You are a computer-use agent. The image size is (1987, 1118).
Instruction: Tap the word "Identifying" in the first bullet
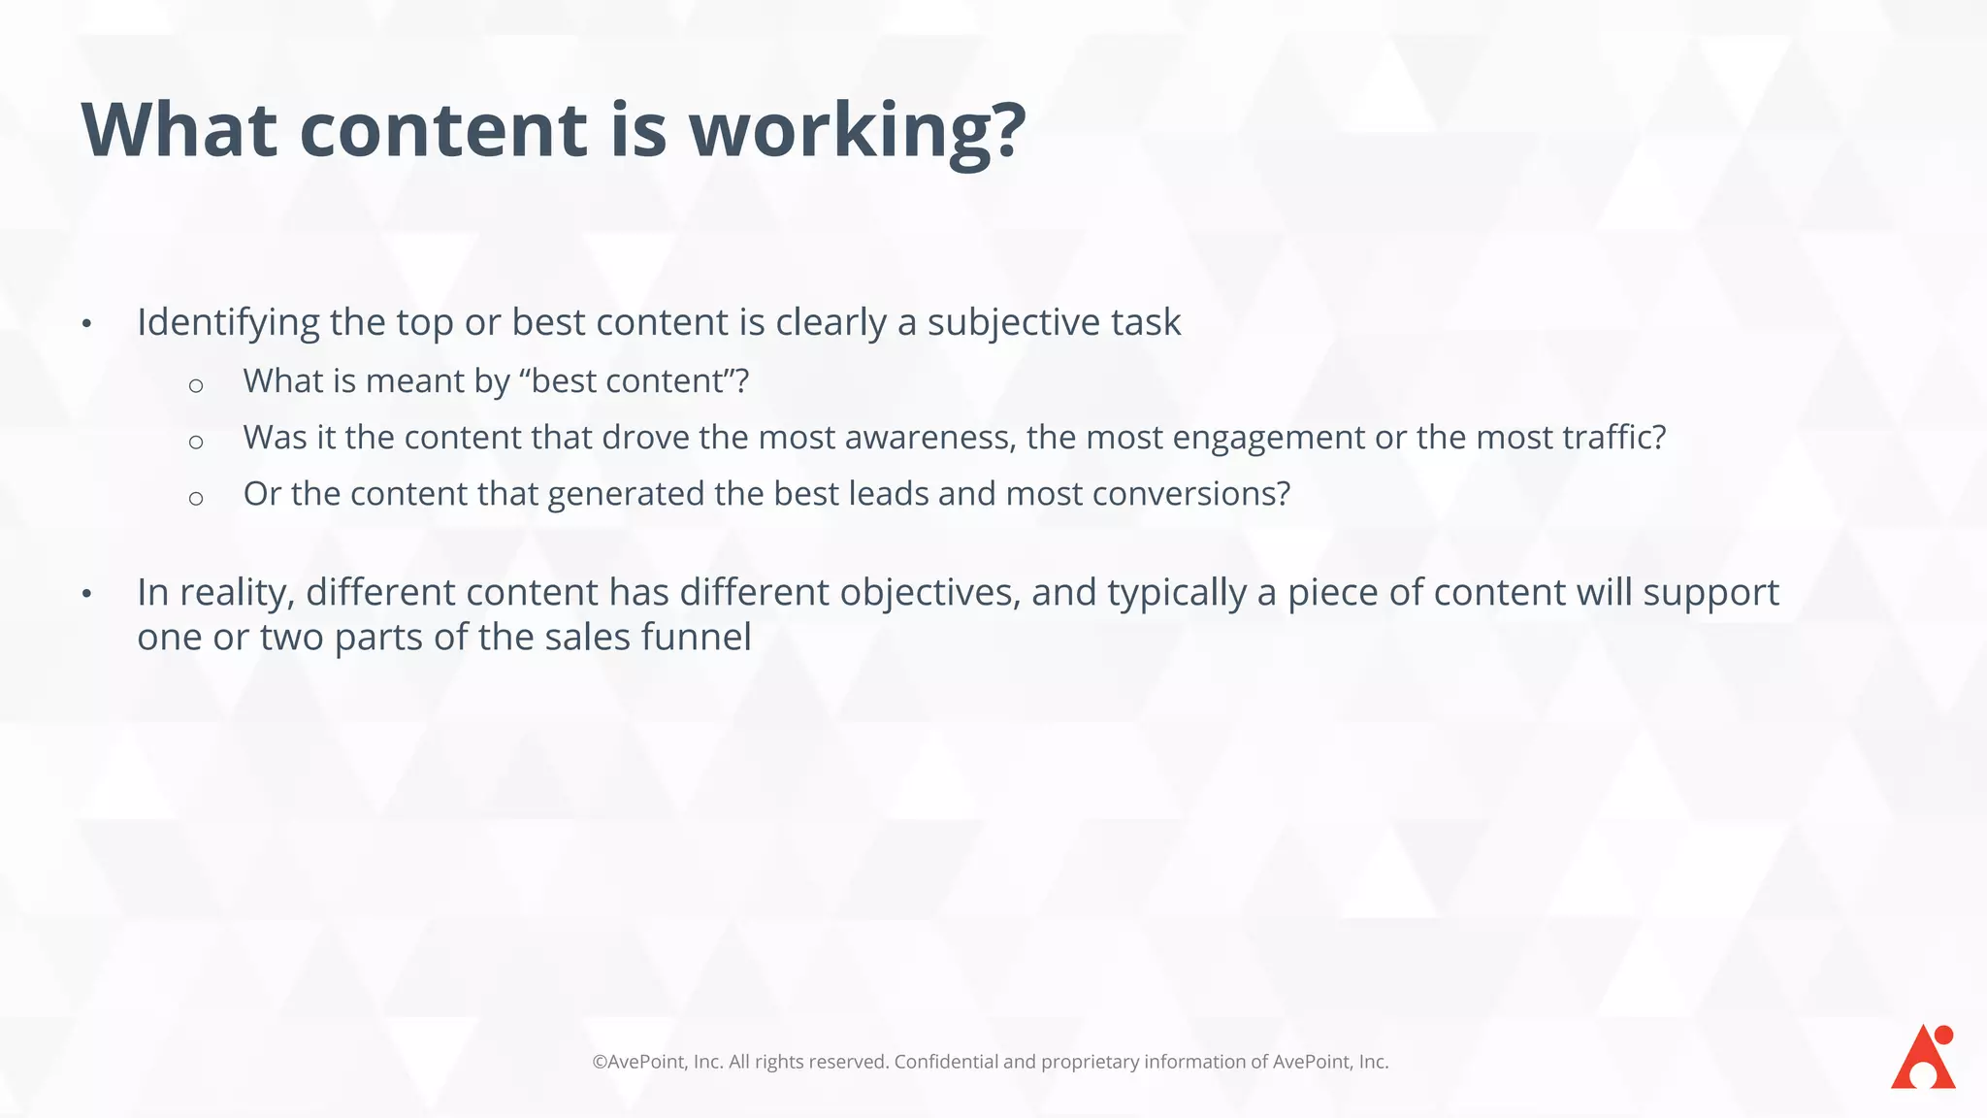tap(228, 323)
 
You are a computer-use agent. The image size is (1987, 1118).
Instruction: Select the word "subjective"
tap(1014, 323)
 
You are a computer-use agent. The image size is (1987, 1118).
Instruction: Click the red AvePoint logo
tap(1923, 1057)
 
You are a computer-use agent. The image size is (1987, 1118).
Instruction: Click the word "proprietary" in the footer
tap(1090, 1063)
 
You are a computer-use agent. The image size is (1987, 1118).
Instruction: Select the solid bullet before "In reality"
tap(86, 593)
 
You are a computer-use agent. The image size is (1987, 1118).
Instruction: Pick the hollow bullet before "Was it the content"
tap(196, 443)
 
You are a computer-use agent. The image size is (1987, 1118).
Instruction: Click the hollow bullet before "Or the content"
tap(196, 499)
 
